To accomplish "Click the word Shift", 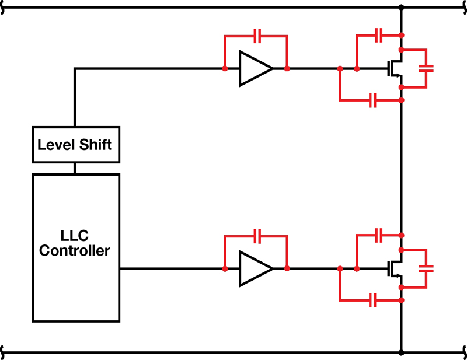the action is (95, 145).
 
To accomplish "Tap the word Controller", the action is (75, 250).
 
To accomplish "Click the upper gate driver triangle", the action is (256, 68).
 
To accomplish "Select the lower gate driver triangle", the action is (256, 268).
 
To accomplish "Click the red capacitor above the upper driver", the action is (257, 36).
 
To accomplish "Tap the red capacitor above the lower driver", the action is (257, 236).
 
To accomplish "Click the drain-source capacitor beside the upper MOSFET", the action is (426, 68).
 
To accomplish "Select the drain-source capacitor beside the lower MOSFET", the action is (426, 268).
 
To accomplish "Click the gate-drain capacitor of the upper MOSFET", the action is (378, 36).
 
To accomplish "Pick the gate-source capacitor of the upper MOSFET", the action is (372, 100).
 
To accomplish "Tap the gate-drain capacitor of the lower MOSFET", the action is (378, 236).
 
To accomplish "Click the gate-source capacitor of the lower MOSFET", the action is (372, 300).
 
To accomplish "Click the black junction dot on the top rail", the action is (401, 8).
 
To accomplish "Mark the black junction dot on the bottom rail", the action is (401, 352).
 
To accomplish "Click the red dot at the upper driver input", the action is (225, 69).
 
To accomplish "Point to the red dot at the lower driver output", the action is (287, 268).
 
